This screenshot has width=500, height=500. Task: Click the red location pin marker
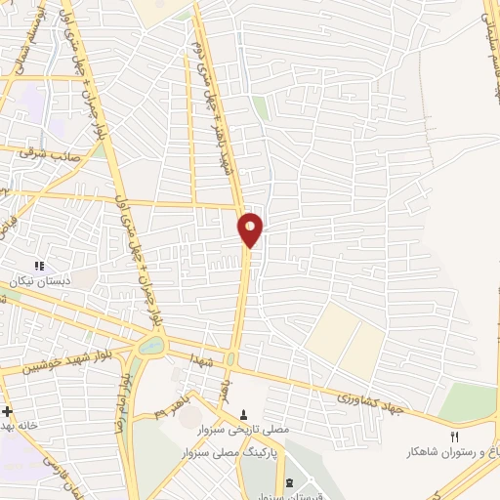[x=251, y=229]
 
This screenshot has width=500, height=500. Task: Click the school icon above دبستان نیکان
[x=39, y=266]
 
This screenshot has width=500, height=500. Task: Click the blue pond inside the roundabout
[x=153, y=346]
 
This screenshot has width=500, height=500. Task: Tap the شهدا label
[x=202, y=360]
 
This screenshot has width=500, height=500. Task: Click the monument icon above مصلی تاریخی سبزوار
[x=244, y=415]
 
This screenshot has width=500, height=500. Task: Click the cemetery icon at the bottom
[x=289, y=482]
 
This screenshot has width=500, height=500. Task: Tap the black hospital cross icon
[x=6, y=411]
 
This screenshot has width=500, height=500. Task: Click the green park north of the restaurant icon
[x=467, y=400]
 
